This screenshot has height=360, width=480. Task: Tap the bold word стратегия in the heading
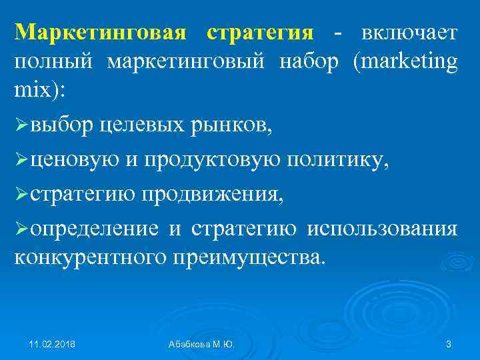click(259, 33)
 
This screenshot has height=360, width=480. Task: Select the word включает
click(408, 33)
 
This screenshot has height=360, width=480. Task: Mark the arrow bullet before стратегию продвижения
click(21, 195)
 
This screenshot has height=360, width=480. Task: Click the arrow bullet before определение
click(21, 229)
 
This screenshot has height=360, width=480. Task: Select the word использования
click(381, 229)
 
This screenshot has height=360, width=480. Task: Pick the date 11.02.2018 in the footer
click(52, 344)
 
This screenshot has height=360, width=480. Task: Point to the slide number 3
click(448, 344)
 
